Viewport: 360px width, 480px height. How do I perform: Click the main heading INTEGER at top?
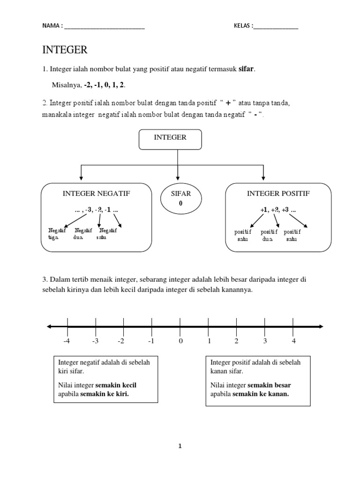pos(65,50)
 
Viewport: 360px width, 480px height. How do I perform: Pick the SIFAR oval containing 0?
pos(177,199)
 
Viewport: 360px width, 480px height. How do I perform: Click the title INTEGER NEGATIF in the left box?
pos(96,193)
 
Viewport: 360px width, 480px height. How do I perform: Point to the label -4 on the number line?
pos(67,341)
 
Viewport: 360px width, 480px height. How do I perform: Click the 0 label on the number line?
pos(180,341)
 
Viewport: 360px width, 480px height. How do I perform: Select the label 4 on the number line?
pos(294,341)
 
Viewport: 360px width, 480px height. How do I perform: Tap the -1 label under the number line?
pos(151,341)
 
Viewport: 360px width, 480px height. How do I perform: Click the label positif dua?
pos(269,235)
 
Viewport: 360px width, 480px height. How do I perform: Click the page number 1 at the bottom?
pos(180,446)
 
